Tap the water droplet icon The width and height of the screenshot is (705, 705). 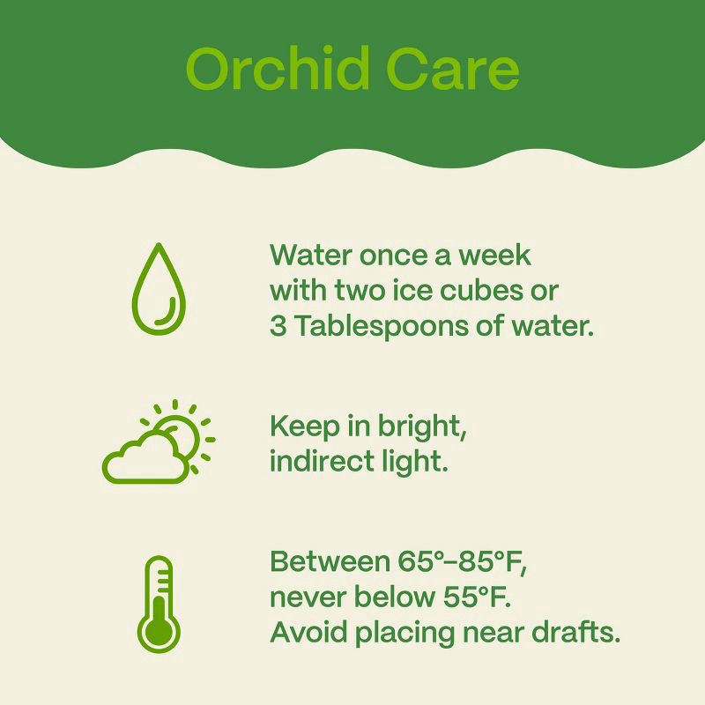click(159, 290)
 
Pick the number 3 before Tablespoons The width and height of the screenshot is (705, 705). click(278, 326)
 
